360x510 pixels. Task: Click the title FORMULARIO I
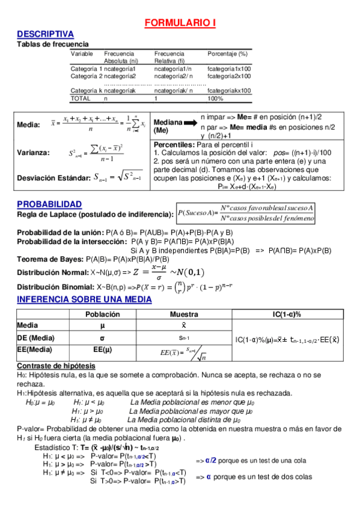coord(180,23)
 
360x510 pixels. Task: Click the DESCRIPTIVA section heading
coord(45,34)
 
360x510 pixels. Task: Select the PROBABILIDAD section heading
coord(49,204)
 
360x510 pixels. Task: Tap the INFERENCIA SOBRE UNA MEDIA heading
coord(84,300)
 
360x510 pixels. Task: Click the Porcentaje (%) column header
coord(227,54)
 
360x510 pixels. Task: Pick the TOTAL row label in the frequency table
coord(81,98)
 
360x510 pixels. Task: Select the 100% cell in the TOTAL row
coord(215,98)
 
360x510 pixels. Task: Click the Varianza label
coord(33,153)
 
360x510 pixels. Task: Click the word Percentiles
coord(174,146)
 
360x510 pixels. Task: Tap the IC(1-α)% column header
coord(287,315)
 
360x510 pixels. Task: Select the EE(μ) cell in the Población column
coord(103,349)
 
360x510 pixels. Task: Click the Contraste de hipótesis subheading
coord(55,366)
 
